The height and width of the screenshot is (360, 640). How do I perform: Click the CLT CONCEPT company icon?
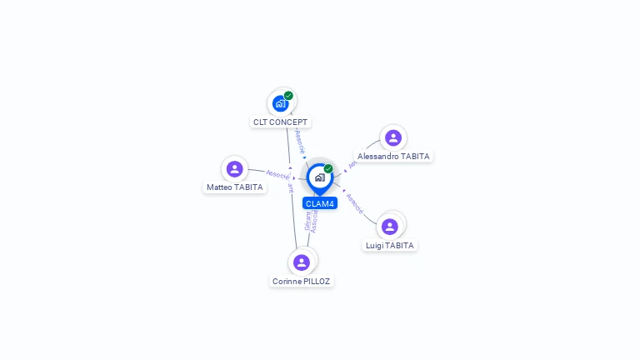[x=280, y=104]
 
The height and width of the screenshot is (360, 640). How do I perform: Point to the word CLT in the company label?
[x=260, y=122]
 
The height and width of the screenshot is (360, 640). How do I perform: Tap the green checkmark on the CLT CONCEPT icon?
[x=288, y=96]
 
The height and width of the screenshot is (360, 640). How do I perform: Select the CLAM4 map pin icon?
[x=319, y=177]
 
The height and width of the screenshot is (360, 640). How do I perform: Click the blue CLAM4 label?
[x=319, y=203]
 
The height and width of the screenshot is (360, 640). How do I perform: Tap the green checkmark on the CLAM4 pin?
[x=328, y=169]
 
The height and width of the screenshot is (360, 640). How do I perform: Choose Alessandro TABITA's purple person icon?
[x=393, y=137]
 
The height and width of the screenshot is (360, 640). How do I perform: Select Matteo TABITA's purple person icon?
[x=235, y=169]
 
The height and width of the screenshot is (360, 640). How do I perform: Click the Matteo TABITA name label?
[x=235, y=187]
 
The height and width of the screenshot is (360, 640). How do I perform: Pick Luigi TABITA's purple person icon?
[x=390, y=227]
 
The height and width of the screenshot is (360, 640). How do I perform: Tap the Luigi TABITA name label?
[x=390, y=246]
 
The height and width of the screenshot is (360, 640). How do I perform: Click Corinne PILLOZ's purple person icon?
[x=302, y=262]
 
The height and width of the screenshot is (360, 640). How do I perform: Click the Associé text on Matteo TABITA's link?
[x=277, y=174]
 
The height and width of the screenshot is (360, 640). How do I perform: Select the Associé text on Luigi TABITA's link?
[x=353, y=203]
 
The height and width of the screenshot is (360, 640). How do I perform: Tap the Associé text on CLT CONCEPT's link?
[x=299, y=140]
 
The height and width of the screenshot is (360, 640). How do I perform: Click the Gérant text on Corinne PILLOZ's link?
[x=307, y=222]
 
